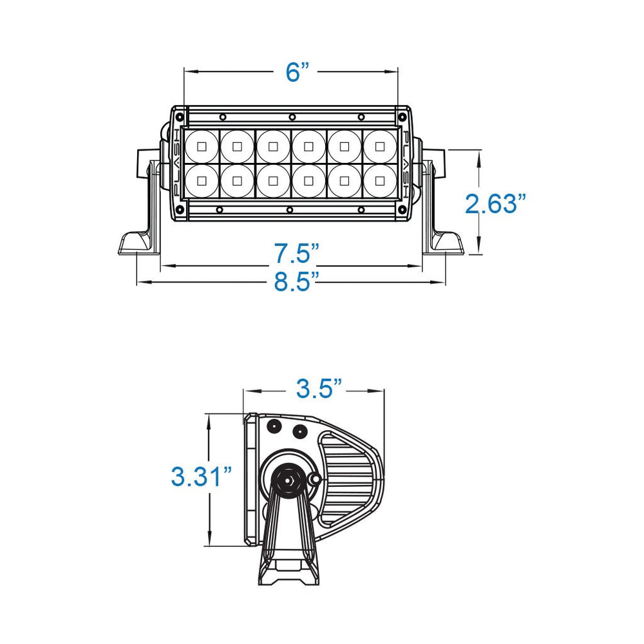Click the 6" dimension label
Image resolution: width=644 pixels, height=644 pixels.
coord(294,72)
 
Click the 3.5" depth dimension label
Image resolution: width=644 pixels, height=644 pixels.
coord(318,389)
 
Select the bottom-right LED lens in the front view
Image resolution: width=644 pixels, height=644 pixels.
coord(381,181)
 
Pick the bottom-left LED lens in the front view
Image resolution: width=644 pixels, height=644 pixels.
coord(202,181)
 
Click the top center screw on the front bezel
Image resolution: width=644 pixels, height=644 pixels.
coord(292,117)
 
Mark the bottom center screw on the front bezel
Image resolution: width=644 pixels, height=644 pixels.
coord(290,210)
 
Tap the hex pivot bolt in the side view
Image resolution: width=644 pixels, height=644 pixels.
coord(287,479)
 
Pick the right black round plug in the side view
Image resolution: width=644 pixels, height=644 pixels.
coord(298,430)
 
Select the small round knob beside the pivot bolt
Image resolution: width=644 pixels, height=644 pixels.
coord(315,479)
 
